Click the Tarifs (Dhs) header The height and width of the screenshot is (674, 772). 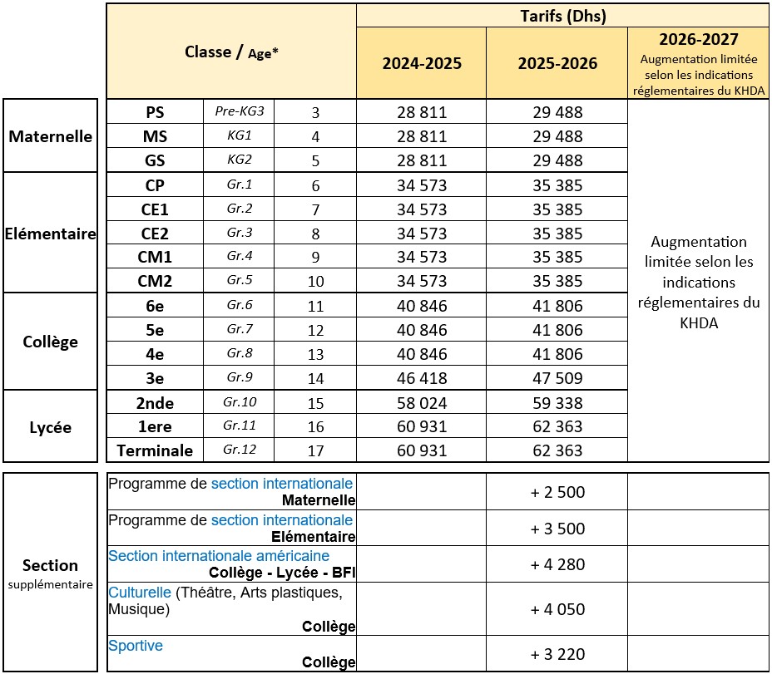point(562,15)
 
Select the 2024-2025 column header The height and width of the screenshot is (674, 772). point(422,64)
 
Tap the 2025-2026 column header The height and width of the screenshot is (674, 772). point(557,64)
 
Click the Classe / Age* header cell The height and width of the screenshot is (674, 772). point(231,52)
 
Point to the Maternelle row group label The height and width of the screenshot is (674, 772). point(51,136)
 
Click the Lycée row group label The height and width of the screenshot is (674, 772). point(51,427)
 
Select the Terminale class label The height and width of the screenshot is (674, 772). point(155,450)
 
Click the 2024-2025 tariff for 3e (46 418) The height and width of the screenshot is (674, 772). point(422,378)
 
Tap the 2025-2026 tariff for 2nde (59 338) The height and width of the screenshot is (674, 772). point(557,403)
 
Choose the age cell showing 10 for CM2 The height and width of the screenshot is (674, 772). point(315,281)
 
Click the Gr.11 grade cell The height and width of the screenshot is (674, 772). point(240,426)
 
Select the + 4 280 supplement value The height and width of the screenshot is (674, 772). point(557,564)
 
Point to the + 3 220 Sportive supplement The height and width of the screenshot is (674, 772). point(557,653)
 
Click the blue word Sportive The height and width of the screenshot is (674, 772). point(136,646)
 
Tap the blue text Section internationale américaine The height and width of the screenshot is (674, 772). point(219,555)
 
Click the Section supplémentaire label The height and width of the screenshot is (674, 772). point(51,573)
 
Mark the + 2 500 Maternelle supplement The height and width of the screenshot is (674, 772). point(557,492)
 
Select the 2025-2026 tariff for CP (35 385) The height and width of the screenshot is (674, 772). point(557,185)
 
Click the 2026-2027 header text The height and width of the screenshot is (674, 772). point(699,40)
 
